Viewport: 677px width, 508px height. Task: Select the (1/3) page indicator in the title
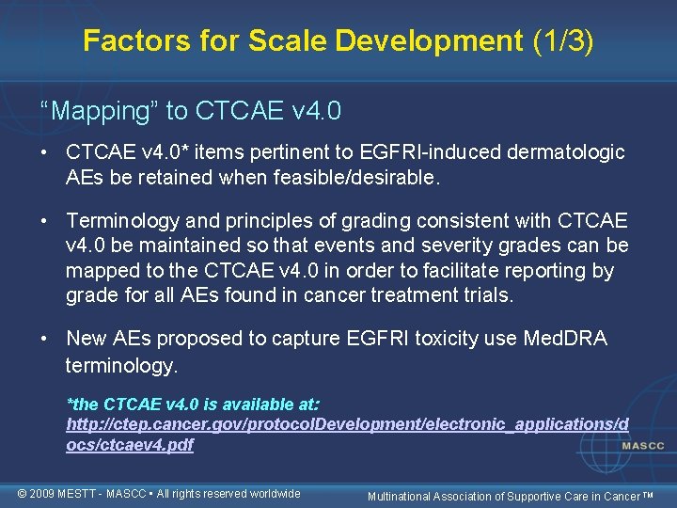click(x=561, y=40)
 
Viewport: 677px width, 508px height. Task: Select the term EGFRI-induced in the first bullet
click(x=442, y=152)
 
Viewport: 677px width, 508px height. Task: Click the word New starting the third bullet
click(x=87, y=339)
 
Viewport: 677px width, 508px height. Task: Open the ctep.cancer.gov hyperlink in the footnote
click(x=347, y=424)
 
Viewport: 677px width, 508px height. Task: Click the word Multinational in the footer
click(x=405, y=495)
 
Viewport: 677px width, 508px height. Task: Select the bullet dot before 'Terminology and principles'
click(x=46, y=222)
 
